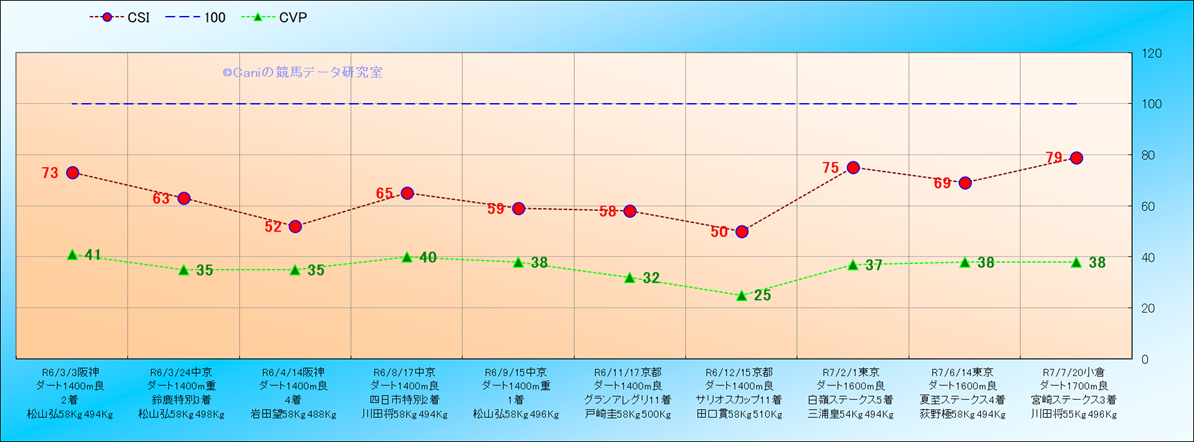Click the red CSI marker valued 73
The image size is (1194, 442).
pos(72,173)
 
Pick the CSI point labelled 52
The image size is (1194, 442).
pos(295,226)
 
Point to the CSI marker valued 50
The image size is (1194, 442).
pos(741,231)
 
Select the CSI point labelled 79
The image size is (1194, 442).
pos(1076,158)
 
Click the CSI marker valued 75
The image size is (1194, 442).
pos(853,168)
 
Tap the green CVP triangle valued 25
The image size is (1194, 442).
pos(741,296)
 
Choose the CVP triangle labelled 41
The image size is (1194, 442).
pos(72,255)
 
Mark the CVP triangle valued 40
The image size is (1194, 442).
pos(407,257)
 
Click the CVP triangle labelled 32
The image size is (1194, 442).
pos(630,278)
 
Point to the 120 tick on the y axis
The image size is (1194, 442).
pos(1150,53)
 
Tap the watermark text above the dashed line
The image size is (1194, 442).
pos(302,72)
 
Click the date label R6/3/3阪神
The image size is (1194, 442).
pos(71,370)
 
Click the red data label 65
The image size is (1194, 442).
pos(385,193)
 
